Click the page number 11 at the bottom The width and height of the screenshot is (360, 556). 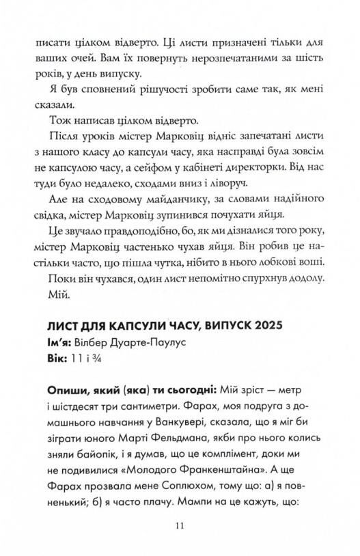pyautogui.click(x=180, y=525)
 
